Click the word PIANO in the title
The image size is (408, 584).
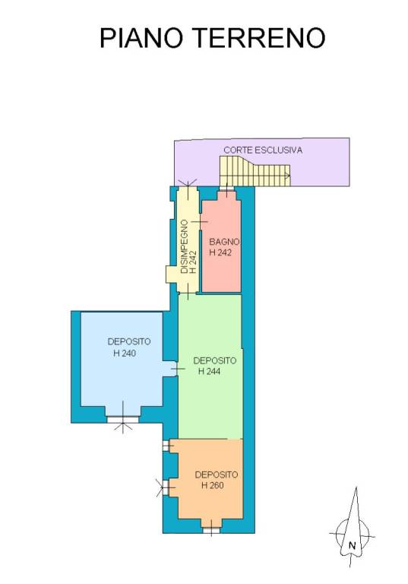141,37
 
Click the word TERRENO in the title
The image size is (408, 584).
260,37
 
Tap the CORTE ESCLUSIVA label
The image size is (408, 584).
263,150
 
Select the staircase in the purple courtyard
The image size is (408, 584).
255,171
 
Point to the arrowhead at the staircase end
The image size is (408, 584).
287,176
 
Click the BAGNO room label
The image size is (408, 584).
223,242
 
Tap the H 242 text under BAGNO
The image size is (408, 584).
220,252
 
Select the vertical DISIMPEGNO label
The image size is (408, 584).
185,247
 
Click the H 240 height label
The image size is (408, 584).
125,353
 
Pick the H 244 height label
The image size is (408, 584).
209,371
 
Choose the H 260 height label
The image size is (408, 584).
213,485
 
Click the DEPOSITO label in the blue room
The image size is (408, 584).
129,341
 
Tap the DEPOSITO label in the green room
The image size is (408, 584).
215,360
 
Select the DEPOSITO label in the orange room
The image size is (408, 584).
217,474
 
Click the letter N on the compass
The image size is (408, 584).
353,546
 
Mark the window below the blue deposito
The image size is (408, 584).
123,420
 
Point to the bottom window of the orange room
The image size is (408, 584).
211,530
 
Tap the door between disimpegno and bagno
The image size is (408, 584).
200,222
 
